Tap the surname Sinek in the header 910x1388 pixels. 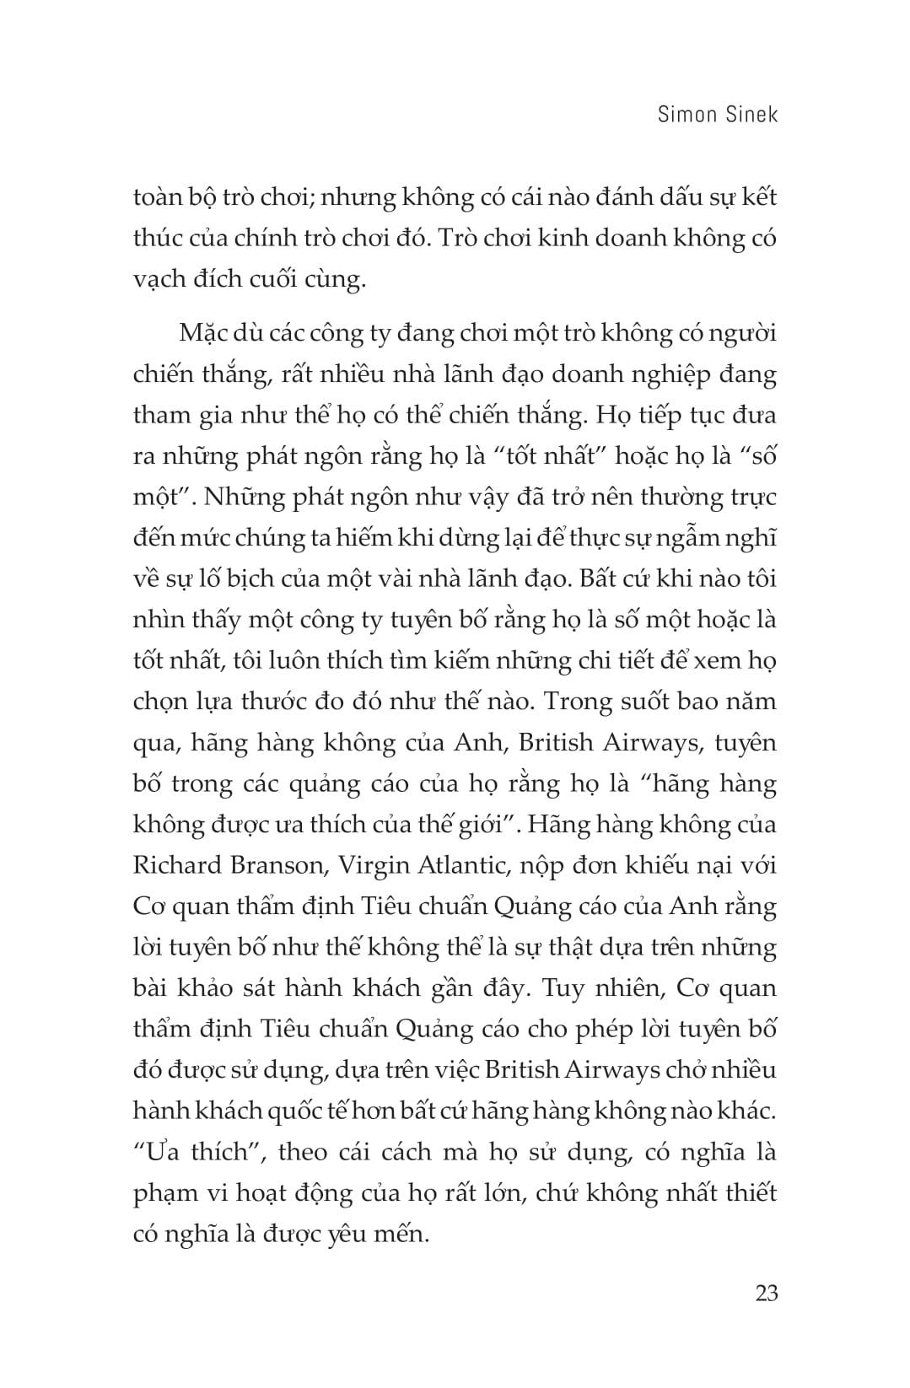pos(751,114)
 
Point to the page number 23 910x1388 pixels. pos(766,1293)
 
